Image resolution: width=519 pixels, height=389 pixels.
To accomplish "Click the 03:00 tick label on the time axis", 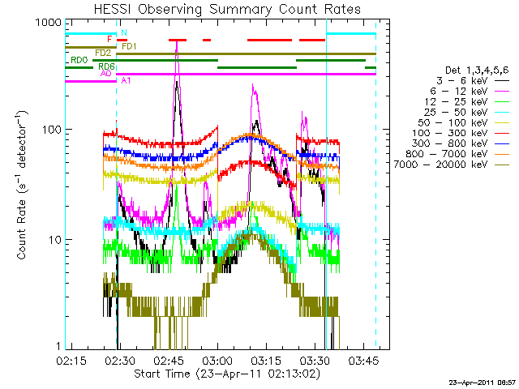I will (x=217, y=359).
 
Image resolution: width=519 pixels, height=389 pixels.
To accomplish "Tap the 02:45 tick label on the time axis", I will (x=169, y=359).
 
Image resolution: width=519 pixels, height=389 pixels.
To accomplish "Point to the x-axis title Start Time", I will (x=221, y=374).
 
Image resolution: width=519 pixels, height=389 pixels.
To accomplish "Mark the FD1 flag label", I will (x=129, y=45).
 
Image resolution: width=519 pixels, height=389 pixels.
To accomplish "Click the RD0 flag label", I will (x=79, y=60).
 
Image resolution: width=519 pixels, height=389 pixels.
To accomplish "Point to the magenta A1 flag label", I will (x=126, y=80).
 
